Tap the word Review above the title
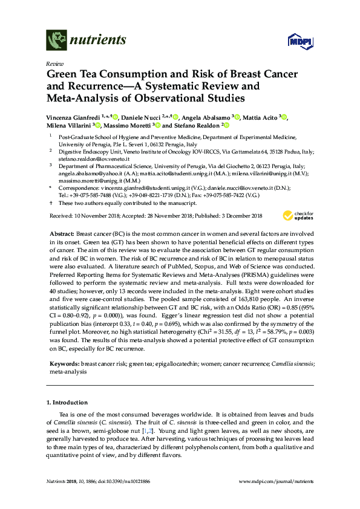(x=56, y=63)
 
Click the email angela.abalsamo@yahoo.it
(x=91, y=172)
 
